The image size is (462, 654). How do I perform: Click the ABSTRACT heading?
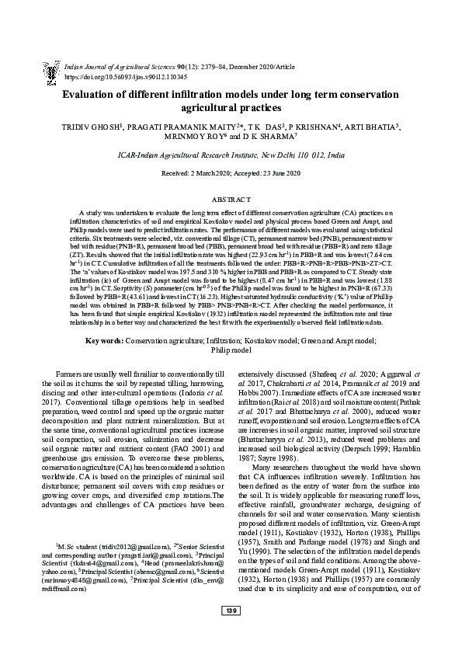[x=231, y=199]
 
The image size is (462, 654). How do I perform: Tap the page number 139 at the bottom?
[x=231, y=633]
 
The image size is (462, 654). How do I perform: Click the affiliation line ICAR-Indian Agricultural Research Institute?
[x=231, y=155]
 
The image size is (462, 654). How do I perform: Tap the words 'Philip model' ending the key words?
[x=231, y=350]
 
